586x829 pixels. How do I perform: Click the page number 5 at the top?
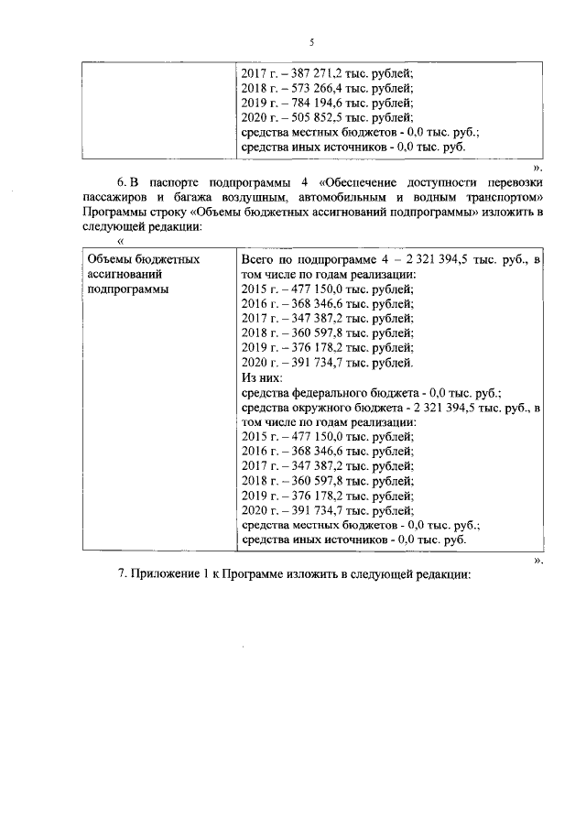pos(311,42)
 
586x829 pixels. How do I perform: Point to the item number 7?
pos(123,574)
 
